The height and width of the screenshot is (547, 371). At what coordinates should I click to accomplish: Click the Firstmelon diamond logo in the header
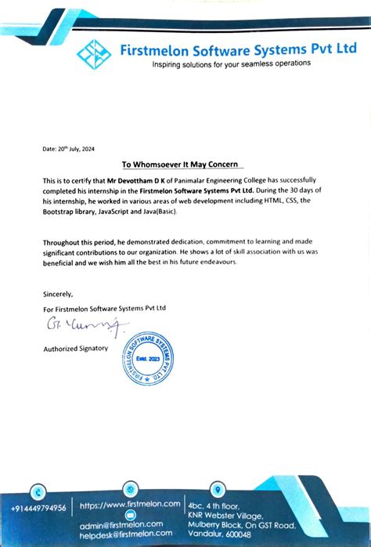click(x=95, y=55)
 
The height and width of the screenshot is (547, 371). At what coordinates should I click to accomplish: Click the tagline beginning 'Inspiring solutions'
click(x=232, y=63)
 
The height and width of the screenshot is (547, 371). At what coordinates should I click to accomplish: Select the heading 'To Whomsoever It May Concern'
click(x=184, y=165)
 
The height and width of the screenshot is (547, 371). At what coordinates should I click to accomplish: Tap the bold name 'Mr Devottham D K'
click(x=139, y=181)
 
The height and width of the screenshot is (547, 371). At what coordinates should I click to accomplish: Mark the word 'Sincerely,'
click(x=58, y=294)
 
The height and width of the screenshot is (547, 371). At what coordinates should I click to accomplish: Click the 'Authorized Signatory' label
click(x=75, y=347)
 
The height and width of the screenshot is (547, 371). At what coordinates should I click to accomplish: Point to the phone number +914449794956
click(x=39, y=508)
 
